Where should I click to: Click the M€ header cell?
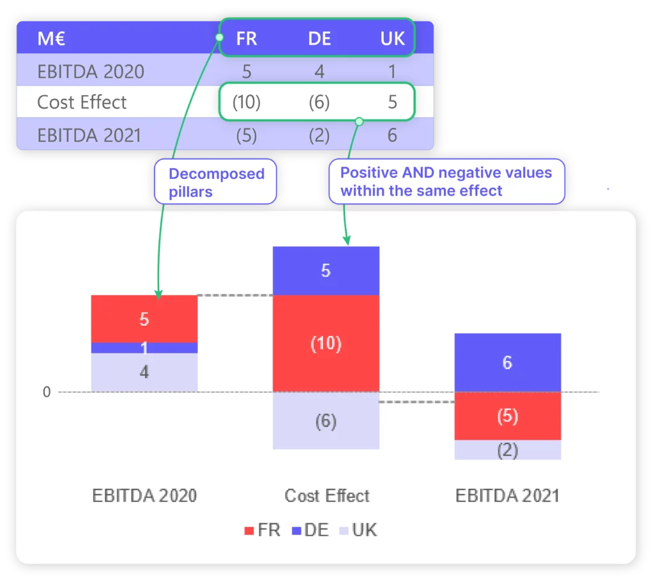pyautogui.click(x=52, y=39)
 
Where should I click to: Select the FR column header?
pyautogui.click(x=247, y=39)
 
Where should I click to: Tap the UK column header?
pyautogui.click(x=392, y=39)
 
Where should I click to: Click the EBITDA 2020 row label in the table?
pyautogui.click(x=91, y=71)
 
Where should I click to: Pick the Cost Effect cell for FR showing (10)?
pyautogui.click(x=247, y=102)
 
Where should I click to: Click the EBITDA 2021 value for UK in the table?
pyautogui.click(x=392, y=135)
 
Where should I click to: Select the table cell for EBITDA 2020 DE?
pyautogui.click(x=319, y=71)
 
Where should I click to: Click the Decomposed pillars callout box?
pyautogui.click(x=216, y=182)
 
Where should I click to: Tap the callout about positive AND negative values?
pyautogui.click(x=446, y=181)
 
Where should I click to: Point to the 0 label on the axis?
pyautogui.click(x=47, y=392)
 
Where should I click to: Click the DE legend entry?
pyautogui.click(x=310, y=530)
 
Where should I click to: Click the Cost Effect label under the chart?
pyautogui.click(x=327, y=496)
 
